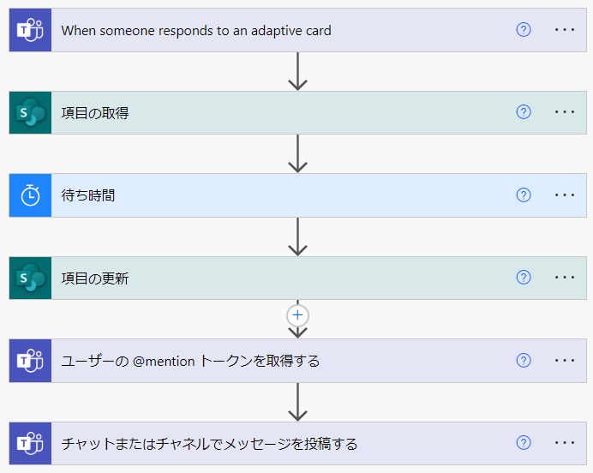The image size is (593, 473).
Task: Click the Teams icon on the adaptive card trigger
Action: [30, 30]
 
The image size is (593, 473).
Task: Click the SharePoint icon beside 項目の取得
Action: [30, 112]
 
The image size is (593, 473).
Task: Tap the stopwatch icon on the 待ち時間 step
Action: [30, 195]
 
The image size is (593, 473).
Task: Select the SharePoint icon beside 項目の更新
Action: [30, 278]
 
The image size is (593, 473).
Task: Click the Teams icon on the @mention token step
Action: [30, 361]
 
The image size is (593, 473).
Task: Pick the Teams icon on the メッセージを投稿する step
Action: [30, 444]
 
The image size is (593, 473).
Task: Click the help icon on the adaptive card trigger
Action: [524, 30]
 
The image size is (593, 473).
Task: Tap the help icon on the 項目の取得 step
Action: [524, 112]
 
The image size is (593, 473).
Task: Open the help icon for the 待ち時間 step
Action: [524, 195]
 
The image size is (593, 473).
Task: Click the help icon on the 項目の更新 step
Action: [524, 278]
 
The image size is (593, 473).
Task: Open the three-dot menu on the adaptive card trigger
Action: [565, 30]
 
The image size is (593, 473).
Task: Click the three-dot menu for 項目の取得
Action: [565, 112]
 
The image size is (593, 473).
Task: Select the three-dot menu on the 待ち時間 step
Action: [565, 195]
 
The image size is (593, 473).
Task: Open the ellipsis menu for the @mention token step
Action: [565, 361]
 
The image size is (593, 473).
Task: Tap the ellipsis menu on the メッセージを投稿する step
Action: [565, 444]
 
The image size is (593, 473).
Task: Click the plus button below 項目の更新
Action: [297, 315]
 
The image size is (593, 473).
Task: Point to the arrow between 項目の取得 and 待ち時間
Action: [297, 153]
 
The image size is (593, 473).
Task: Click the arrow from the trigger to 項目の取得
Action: [297, 71]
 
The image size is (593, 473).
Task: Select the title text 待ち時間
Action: [88, 195]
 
